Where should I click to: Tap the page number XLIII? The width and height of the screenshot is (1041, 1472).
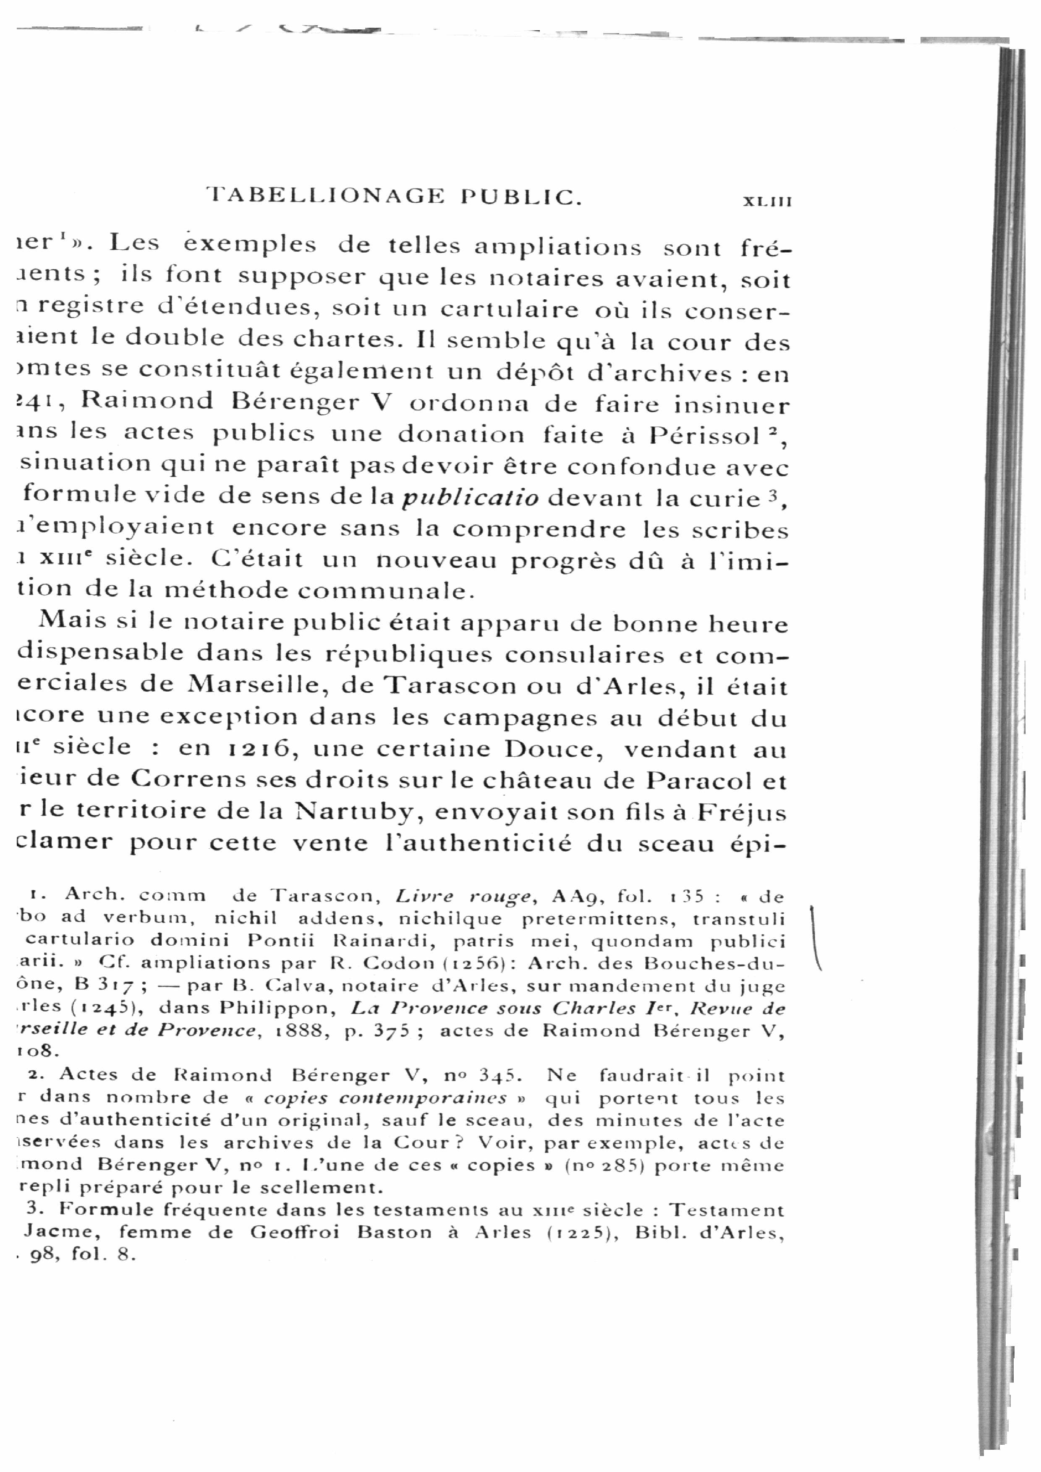click(x=767, y=201)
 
